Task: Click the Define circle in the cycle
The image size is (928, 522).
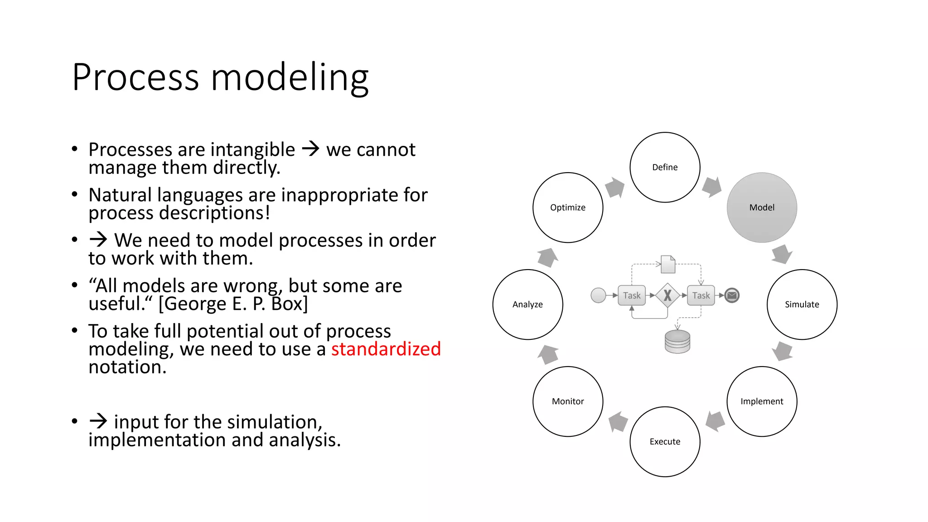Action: (665, 167)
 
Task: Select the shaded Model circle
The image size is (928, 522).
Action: (762, 207)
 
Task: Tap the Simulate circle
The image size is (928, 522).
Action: (802, 304)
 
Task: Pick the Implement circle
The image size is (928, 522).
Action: (762, 401)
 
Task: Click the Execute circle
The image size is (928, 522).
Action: (665, 441)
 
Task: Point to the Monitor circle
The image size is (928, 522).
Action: (568, 401)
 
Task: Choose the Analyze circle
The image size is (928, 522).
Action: (527, 304)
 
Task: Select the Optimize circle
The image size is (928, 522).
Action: (568, 207)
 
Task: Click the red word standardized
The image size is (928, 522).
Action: (386, 349)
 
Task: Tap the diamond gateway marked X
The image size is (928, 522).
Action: (667, 295)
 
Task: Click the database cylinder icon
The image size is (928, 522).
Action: (677, 342)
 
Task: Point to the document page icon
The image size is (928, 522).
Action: (668, 264)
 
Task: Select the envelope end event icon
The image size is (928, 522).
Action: (732, 295)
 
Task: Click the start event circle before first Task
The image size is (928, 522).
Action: (598, 295)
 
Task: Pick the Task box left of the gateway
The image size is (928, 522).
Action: (632, 295)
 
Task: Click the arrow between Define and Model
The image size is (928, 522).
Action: (712, 187)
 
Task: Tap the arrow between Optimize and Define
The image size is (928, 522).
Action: (615, 187)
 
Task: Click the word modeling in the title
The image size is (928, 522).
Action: (290, 78)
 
